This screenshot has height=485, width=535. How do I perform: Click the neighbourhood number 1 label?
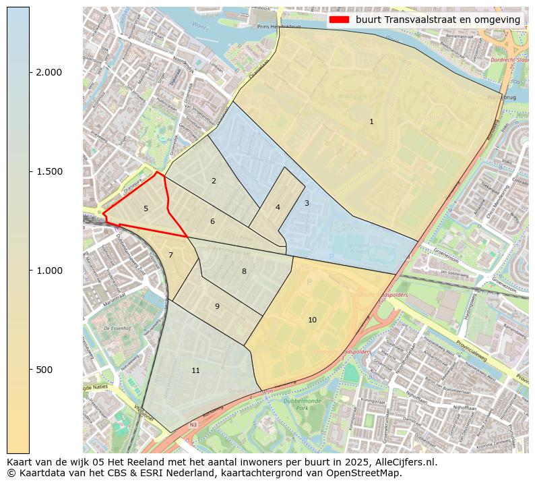tap(371, 121)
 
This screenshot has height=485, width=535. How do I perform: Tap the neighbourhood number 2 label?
tap(214, 181)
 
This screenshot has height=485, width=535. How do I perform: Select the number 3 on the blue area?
tap(307, 203)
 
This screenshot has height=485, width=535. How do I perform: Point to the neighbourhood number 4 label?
tap(278, 207)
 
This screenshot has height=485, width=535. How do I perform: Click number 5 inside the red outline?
tap(146, 208)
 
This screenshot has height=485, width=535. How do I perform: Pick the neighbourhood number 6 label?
tap(212, 221)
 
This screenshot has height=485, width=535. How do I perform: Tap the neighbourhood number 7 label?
tap(170, 255)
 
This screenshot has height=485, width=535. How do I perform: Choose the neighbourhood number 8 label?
tap(244, 271)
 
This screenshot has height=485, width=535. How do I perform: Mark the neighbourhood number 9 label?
tap(217, 306)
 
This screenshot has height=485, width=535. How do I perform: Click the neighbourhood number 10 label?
tap(312, 320)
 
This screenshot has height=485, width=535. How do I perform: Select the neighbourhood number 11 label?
tap(195, 370)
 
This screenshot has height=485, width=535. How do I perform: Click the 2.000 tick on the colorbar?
tap(48, 72)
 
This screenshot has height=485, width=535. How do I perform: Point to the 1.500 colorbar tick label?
tap(48, 171)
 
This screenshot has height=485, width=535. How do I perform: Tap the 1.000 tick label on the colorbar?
tap(48, 270)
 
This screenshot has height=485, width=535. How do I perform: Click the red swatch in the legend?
tap(340, 20)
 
